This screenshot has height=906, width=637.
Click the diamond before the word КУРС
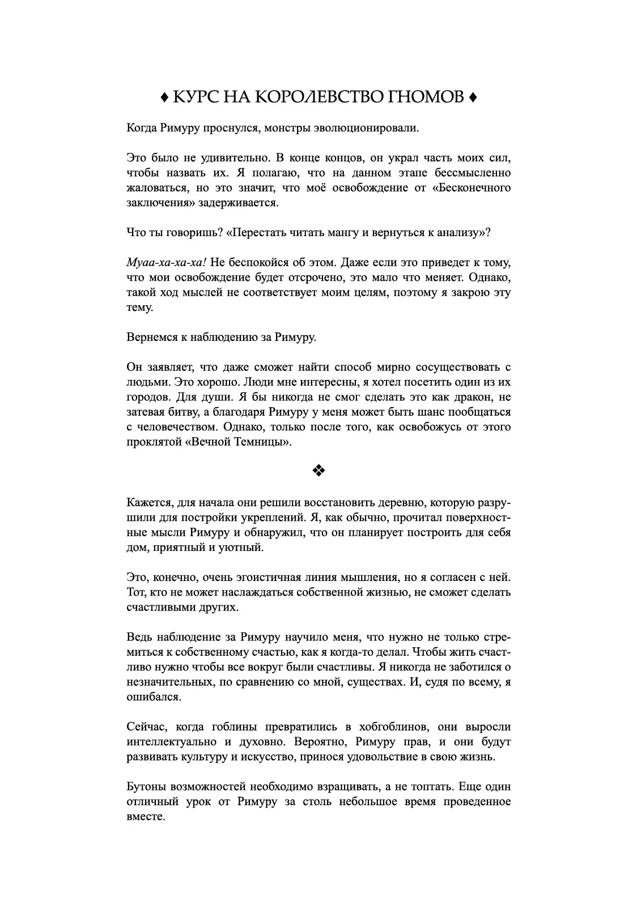pyautogui.click(x=164, y=98)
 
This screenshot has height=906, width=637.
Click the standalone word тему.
pyautogui.click(x=139, y=307)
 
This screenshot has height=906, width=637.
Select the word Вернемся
pyautogui.click(x=149, y=337)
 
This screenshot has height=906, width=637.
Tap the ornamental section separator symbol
pyautogui.click(x=318, y=471)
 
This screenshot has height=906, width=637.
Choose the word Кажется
pyautogui.click(x=148, y=502)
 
